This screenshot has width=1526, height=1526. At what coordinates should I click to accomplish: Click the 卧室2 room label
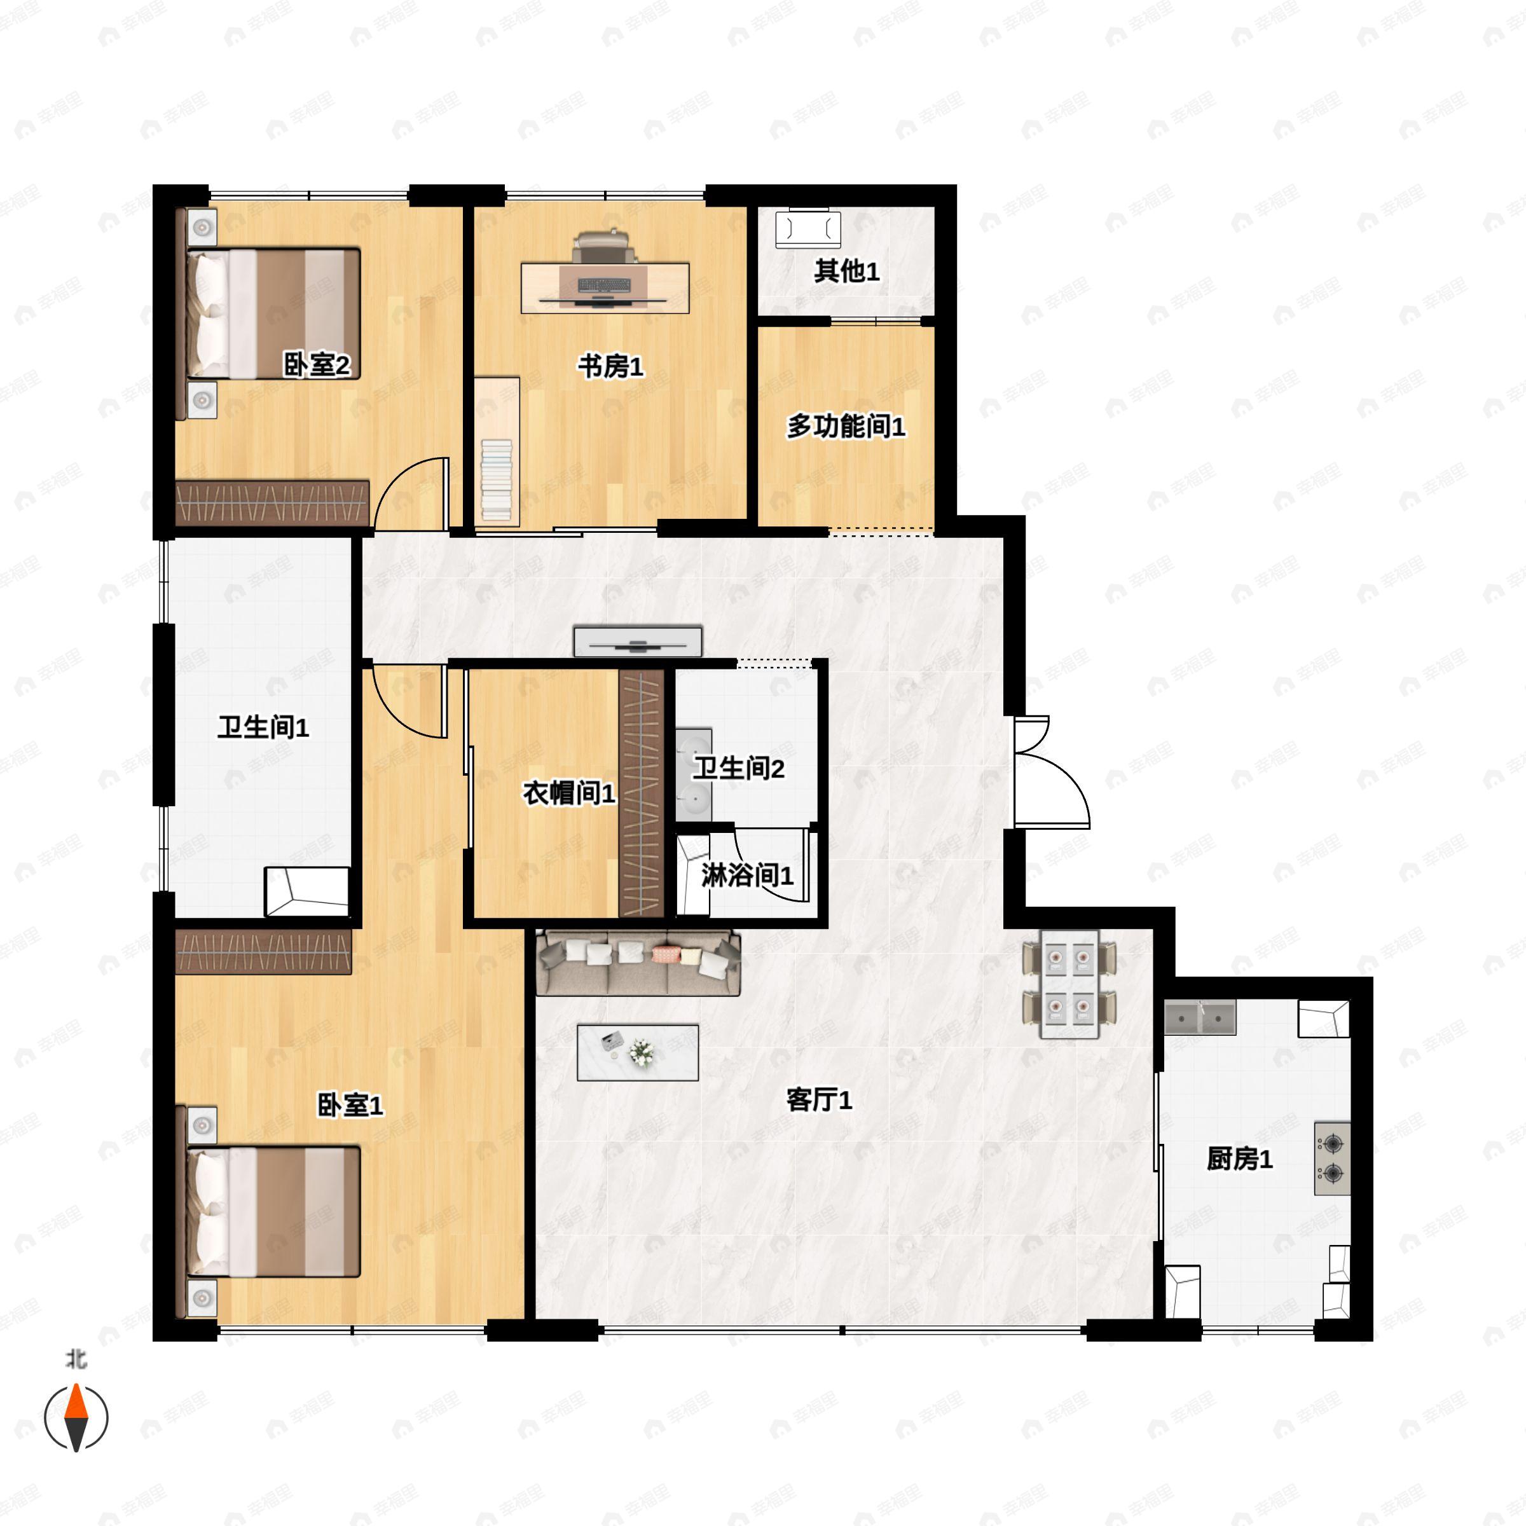316,365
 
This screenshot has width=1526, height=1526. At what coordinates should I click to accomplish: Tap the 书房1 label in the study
610,366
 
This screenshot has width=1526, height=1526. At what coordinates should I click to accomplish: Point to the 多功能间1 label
845,427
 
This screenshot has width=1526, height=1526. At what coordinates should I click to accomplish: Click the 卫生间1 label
263,727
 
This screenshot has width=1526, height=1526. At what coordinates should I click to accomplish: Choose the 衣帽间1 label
568,793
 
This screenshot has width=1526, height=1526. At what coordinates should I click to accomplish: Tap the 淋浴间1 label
747,875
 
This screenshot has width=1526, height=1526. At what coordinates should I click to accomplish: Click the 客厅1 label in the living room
819,1099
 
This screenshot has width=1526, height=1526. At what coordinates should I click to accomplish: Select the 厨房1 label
1239,1158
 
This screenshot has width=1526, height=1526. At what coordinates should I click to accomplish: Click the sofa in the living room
638,963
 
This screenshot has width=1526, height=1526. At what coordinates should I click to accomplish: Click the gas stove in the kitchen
1331,1158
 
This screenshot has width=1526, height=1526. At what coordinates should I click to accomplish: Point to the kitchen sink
1200,1019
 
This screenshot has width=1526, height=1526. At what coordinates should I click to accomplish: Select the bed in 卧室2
273,313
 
